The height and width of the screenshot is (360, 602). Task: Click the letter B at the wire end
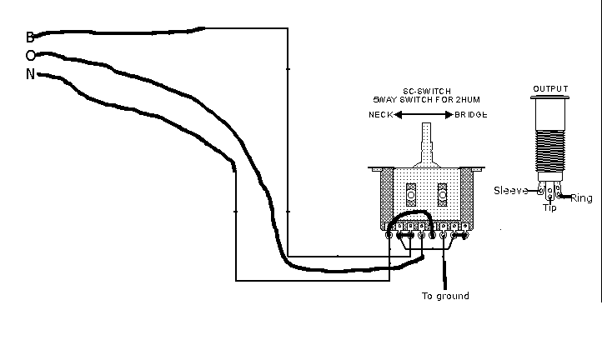coord(30,37)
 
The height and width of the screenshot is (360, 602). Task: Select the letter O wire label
coord(31,56)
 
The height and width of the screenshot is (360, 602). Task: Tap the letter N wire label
coord(31,74)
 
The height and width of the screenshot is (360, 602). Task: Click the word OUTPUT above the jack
coord(550,89)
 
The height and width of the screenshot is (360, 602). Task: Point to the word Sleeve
coord(511,191)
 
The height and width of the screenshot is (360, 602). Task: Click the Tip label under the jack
coord(549,207)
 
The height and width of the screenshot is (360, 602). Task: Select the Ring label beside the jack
coord(580,199)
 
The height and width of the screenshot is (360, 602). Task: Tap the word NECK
coord(380,115)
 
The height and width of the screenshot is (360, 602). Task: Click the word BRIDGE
coord(471,115)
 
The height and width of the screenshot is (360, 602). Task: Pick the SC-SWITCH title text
coord(428,88)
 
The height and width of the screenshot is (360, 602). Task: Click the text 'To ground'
coord(445,296)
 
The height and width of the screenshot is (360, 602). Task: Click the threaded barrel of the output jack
coord(550,146)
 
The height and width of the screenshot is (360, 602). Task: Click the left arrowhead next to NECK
coord(399,115)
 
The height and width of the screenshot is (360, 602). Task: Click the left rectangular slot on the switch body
coord(410,193)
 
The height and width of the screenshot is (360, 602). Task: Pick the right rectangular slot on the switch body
coord(443,193)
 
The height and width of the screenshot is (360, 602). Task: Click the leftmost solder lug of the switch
coord(390,236)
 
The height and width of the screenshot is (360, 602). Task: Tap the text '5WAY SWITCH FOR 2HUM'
coord(428,98)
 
